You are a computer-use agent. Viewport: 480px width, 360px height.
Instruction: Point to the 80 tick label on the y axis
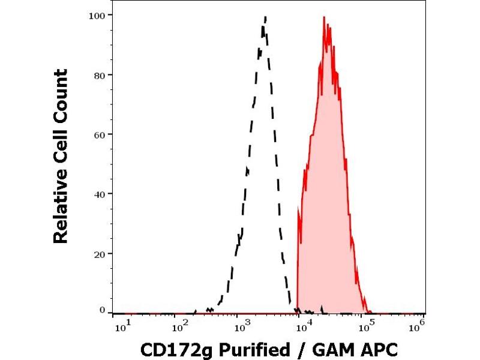coord(100,74)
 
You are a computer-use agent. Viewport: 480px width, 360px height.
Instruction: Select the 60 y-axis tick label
coord(100,134)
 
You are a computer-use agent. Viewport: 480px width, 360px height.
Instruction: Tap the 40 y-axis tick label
coord(100,193)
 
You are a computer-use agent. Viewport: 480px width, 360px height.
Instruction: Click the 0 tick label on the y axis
coord(103,310)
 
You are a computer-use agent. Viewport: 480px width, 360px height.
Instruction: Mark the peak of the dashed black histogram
coord(265,17)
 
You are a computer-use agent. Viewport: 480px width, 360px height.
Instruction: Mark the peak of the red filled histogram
coord(324,17)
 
